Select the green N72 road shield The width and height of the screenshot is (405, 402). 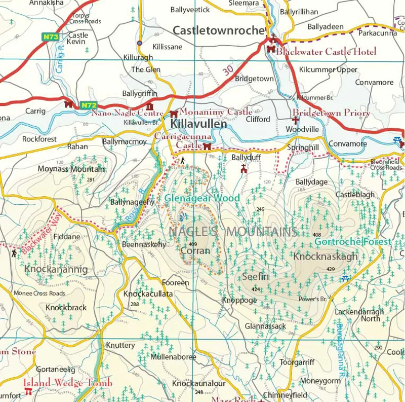(x=88, y=105)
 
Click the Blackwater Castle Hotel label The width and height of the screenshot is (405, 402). (x=326, y=52)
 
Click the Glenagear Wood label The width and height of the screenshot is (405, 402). (x=202, y=198)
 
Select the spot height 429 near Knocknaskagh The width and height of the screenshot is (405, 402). (x=331, y=269)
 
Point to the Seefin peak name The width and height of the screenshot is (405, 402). (x=255, y=277)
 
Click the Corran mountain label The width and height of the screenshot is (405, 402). (x=195, y=250)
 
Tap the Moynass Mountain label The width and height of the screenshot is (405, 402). (x=71, y=169)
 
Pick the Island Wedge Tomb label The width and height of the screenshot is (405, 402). (x=67, y=383)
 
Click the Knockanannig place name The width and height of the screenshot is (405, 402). (x=56, y=269)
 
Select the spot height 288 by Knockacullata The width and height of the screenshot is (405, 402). (x=135, y=304)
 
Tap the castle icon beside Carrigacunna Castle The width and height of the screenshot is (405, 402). (x=207, y=147)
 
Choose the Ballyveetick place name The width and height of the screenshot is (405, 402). (x=190, y=10)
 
